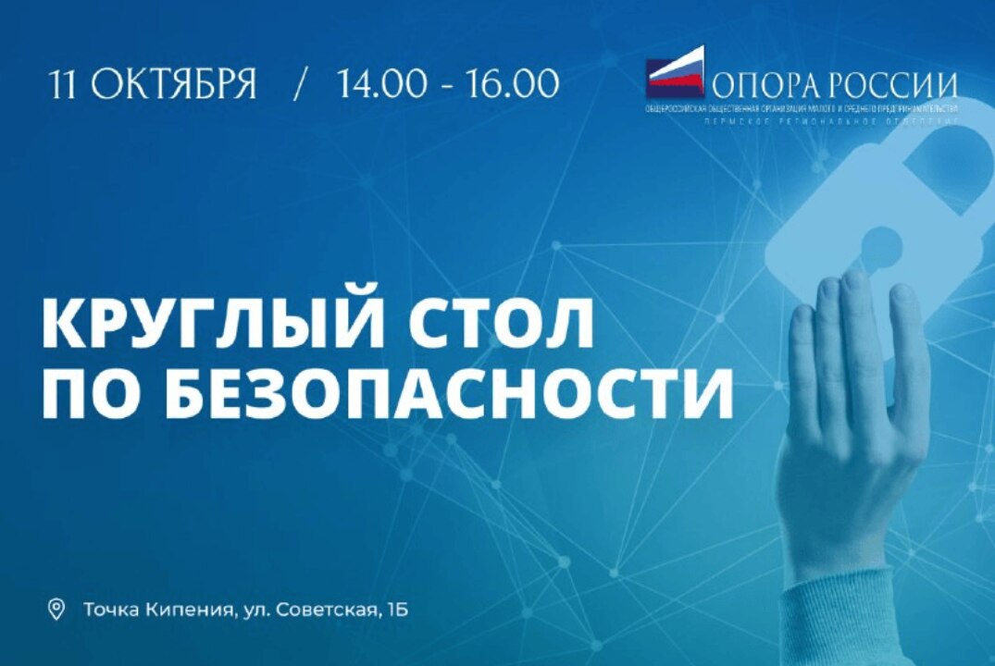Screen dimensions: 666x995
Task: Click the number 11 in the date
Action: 65,84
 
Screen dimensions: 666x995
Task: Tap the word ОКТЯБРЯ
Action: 174,84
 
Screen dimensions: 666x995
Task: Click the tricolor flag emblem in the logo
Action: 675,73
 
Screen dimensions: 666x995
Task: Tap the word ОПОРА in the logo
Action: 762,85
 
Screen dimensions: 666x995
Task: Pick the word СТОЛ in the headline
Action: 501,323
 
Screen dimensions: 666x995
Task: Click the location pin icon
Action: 56,610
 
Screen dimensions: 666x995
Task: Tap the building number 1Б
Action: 397,610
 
